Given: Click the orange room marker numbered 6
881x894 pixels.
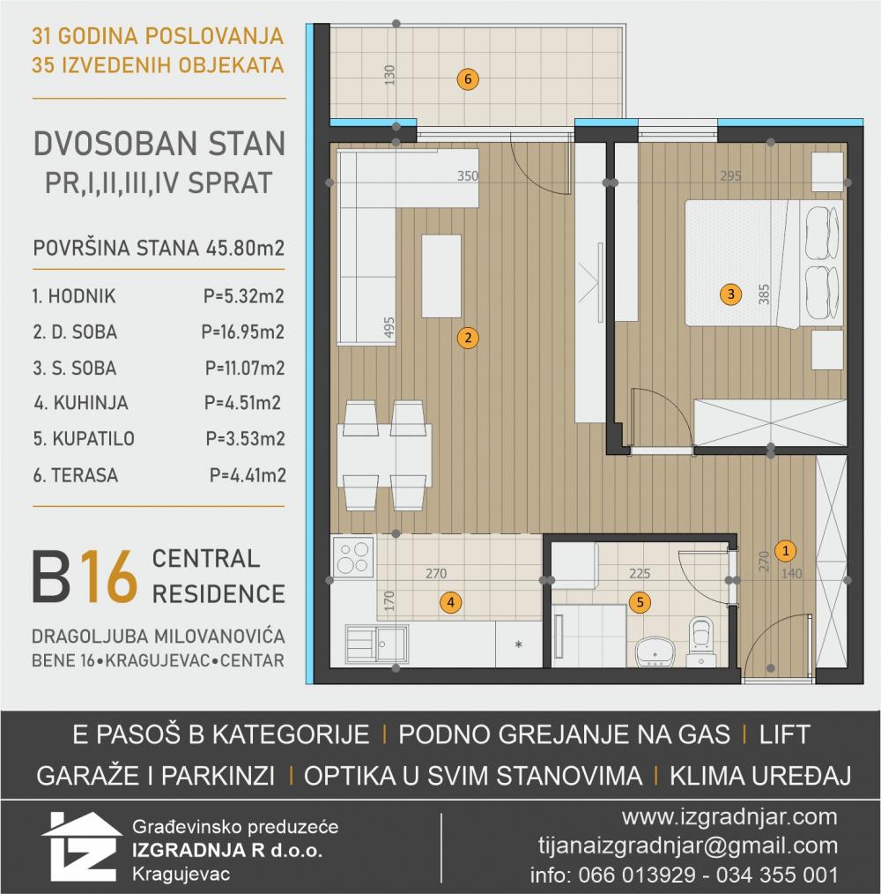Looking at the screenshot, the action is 468,79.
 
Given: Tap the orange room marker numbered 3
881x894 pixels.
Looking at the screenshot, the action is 731,294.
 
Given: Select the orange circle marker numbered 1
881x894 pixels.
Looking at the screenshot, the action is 785,551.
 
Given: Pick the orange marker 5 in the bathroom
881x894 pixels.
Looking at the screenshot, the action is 640,602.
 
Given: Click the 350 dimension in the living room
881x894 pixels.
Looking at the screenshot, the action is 468,175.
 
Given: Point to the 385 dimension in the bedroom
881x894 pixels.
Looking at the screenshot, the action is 764,294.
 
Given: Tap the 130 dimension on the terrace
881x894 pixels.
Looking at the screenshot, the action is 389,75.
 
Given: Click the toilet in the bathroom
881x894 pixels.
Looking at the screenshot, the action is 701,641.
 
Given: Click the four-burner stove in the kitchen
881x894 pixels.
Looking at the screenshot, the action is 353,556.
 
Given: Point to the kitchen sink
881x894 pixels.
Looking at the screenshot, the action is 377,644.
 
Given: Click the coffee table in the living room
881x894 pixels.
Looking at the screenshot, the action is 441,276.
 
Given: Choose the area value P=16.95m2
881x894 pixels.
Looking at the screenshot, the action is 243,332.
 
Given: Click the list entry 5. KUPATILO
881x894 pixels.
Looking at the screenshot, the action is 84,438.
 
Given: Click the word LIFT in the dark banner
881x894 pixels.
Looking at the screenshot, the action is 784,734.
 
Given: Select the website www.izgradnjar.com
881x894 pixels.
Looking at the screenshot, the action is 729,817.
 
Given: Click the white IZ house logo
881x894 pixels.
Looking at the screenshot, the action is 81,846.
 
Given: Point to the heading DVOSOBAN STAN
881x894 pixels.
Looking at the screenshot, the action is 159,144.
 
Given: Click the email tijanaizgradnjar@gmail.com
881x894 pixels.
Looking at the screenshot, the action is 688,846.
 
